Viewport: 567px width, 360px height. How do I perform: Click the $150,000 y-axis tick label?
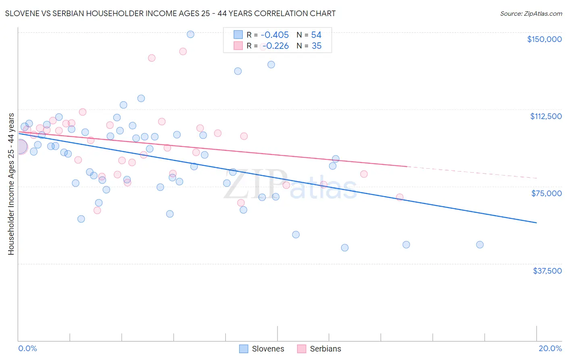[x=544, y=39]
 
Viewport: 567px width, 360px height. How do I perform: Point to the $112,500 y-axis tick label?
[x=546, y=116]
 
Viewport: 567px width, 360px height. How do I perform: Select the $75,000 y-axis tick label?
[x=546, y=193]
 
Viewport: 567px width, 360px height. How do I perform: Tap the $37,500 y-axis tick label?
[x=547, y=271]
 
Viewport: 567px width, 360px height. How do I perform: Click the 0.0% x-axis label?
[x=27, y=348]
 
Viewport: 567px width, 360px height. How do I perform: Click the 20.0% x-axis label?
[x=550, y=348]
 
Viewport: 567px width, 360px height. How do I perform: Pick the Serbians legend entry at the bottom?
[x=319, y=349]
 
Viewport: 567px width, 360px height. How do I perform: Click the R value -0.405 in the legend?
[x=275, y=35]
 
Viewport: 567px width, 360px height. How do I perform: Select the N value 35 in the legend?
[x=317, y=46]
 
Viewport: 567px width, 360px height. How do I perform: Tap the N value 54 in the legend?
[x=316, y=35]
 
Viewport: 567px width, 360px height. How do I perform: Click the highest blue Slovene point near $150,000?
[x=190, y=34]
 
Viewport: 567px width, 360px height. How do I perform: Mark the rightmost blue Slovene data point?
[x=479, y=245]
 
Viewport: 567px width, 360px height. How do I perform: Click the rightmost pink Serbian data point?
[x=400, y=197]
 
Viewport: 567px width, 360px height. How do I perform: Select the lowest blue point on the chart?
[x=345, y=248]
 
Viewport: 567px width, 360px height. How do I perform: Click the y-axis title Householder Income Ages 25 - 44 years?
[x=11, y=184]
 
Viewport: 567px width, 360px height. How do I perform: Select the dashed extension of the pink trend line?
[x=472, y=172]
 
